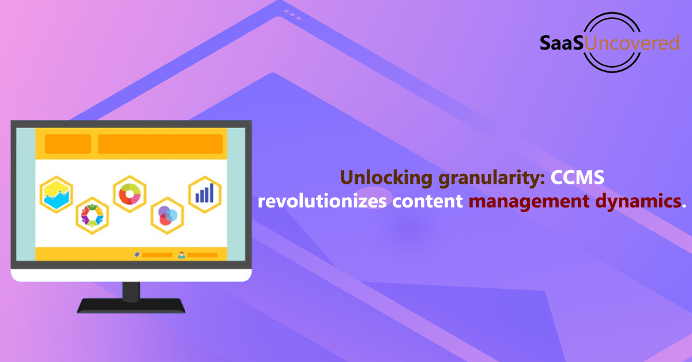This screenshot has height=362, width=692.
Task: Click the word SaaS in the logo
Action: pos(562,43)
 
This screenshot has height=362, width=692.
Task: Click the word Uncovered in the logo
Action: pos(632,43)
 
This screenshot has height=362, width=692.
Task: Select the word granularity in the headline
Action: pos(491,178)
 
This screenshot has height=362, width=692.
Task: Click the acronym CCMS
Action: pos(577,178)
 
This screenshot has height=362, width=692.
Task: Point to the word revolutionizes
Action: pos(322,201)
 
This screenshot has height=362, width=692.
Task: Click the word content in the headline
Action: pos(427,201)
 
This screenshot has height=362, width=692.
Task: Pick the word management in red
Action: pos(529,202)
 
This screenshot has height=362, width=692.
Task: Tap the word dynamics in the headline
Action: pos(638,202)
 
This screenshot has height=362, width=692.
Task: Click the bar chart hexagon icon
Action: pos(205,194)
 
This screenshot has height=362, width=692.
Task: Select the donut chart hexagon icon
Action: pos(130,194)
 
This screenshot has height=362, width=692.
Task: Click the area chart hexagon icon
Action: pos(57,195)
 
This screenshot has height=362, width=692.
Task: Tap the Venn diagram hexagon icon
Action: pos(167,216)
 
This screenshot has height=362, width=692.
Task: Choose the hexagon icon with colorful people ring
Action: pos(92,215)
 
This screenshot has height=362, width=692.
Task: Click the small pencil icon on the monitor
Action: pos(137,255)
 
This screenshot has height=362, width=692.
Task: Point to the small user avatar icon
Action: pos(182,255)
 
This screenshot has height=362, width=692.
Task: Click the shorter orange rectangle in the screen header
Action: pos(68,144)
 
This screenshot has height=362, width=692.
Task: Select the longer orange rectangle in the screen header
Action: pos(160,144)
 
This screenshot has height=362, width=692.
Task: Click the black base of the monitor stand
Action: pos(131,306)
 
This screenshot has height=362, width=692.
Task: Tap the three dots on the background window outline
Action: pos(292,15)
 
